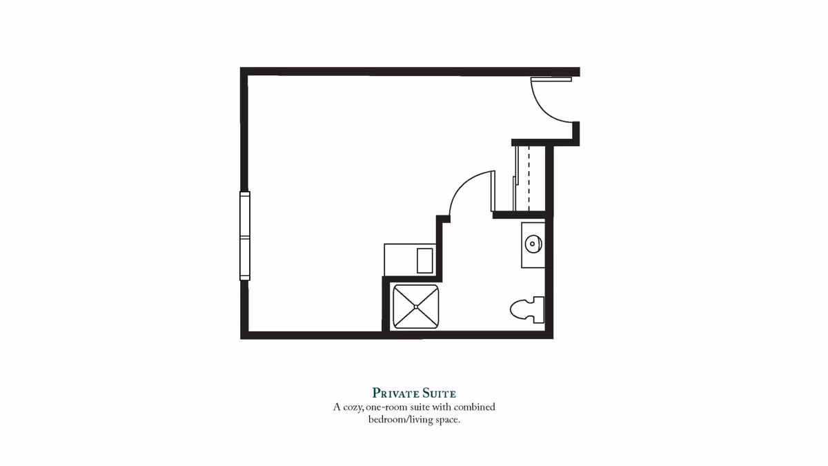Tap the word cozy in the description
coord(354,407)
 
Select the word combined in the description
coord(474,407)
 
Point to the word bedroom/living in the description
coord(400,420)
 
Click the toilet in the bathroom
coord(526,310)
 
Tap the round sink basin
coord(533,244)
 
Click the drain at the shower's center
coord(416,307)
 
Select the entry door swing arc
coord(544,110)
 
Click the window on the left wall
coord(245,236)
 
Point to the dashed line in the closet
coord(529,178)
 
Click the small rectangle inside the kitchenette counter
coord(425,261)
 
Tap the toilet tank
coord(539,310)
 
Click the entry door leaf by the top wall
coord(551,79)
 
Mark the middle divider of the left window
coord(245,236)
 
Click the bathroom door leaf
coord(493,191)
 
